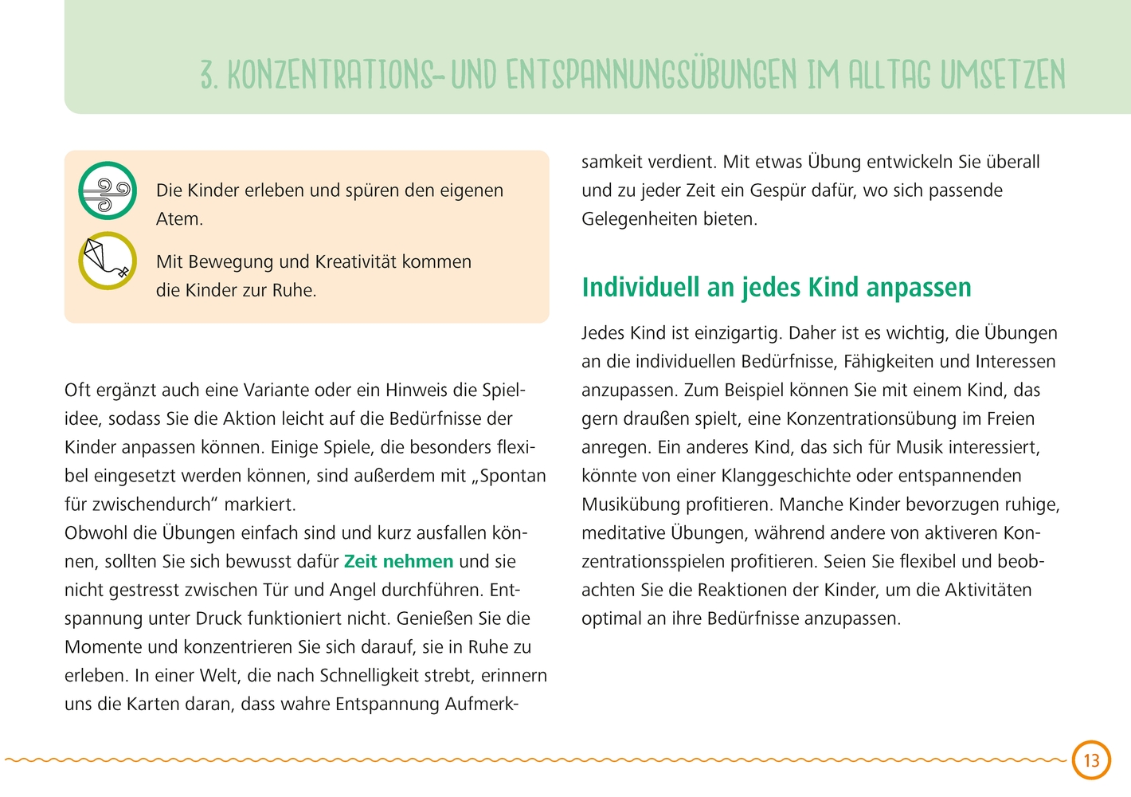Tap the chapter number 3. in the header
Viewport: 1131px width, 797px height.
(208, 76)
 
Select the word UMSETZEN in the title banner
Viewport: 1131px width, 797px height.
(1003, 75)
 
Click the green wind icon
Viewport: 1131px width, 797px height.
(108, 190)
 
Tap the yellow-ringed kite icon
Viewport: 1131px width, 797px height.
(108, 261)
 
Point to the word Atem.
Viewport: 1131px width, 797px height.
(179, 219)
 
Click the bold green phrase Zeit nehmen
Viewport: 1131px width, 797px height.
(398, 561)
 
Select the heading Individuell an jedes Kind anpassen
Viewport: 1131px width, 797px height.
(777, 287)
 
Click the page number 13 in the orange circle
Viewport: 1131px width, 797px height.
(1091, 760)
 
